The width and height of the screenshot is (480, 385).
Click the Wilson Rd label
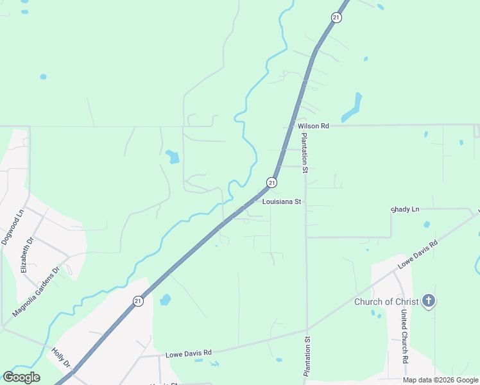[313, 126]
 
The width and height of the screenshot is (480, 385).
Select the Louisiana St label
[282, 201]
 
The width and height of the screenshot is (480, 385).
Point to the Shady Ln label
[405, 210]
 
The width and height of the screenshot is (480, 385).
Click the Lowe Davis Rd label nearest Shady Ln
[418, 254]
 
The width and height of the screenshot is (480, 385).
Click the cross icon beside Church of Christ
[429, 301]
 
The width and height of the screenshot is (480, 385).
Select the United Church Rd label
[404, 337]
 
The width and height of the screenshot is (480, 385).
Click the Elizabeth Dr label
[27, 255]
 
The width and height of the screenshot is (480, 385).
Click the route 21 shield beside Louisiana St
[272, 183]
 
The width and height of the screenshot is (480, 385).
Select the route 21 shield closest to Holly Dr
[138, 301]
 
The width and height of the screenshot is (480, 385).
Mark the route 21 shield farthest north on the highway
[336, 18]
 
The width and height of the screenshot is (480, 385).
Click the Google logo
[21, 377]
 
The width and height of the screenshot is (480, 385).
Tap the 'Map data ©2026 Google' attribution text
[441, 380]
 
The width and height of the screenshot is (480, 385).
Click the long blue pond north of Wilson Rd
[352, 107]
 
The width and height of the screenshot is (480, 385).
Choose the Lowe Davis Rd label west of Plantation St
[189, 353]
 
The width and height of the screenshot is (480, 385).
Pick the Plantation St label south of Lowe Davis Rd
[307, 357]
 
